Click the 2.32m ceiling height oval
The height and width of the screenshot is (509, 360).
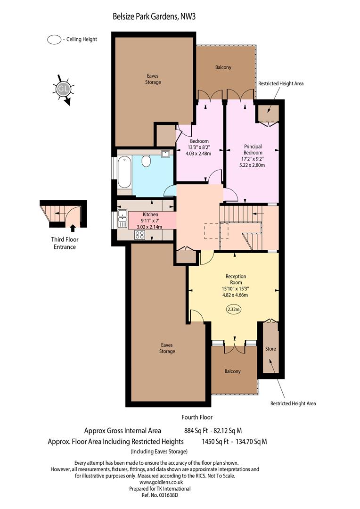[233, 309]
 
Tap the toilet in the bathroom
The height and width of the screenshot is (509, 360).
[146, 161]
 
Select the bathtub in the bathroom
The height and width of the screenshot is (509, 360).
[124, 172]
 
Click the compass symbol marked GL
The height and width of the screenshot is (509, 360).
[63, 89]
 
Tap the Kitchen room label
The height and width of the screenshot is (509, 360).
[151, 214]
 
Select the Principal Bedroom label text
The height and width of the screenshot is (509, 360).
[253, 150]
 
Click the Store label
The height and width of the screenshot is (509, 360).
[270, 349]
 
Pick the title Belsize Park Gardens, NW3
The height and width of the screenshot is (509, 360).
[154, 16]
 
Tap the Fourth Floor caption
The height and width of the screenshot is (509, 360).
[197, 417]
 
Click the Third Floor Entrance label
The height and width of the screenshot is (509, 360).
[65, 243]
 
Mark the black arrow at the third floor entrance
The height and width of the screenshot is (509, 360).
[73, 228]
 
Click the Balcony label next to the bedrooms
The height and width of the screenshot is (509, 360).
[223, 67]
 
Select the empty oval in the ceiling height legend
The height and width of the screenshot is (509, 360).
[54, 40]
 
